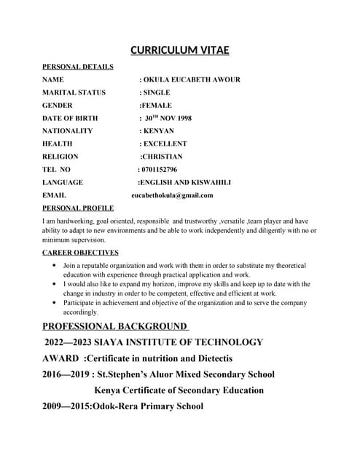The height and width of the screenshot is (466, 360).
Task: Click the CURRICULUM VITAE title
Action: (179, 50)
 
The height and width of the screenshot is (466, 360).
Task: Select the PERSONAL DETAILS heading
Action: (78, 67)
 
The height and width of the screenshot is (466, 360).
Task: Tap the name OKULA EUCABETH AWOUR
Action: (192, 79)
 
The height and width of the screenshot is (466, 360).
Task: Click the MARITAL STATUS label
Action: (74, 92)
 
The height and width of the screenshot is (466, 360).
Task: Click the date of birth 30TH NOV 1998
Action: (168, 118)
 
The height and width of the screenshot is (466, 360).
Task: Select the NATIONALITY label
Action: (68, 131)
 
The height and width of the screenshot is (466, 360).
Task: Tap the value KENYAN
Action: (159, 131)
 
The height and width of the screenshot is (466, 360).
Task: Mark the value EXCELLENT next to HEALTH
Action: (165, 144)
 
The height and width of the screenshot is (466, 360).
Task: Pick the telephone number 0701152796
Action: (159, 170)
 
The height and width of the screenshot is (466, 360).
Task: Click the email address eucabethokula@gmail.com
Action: (172, 195)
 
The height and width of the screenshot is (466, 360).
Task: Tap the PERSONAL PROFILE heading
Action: (78, 208)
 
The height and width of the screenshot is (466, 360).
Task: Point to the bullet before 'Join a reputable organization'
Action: (55, 266)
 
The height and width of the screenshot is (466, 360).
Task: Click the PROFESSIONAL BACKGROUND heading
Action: (115, 326)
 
